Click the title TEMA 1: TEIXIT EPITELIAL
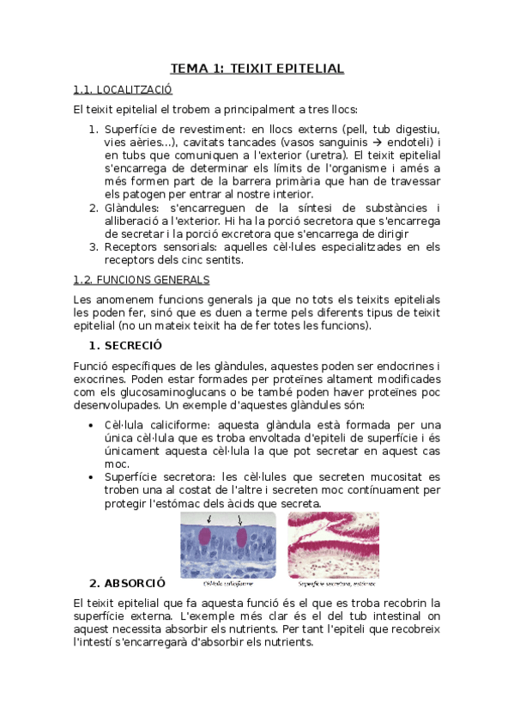(x=257, y=68)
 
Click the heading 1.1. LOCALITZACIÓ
(x=123, y=88)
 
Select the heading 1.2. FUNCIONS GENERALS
(x=142, y=280)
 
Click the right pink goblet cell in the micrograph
(x=242, y=538)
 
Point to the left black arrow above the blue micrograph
(x=209, y=519)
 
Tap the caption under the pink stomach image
(x=332, y=583)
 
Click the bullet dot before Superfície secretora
(x=93, y=477)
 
